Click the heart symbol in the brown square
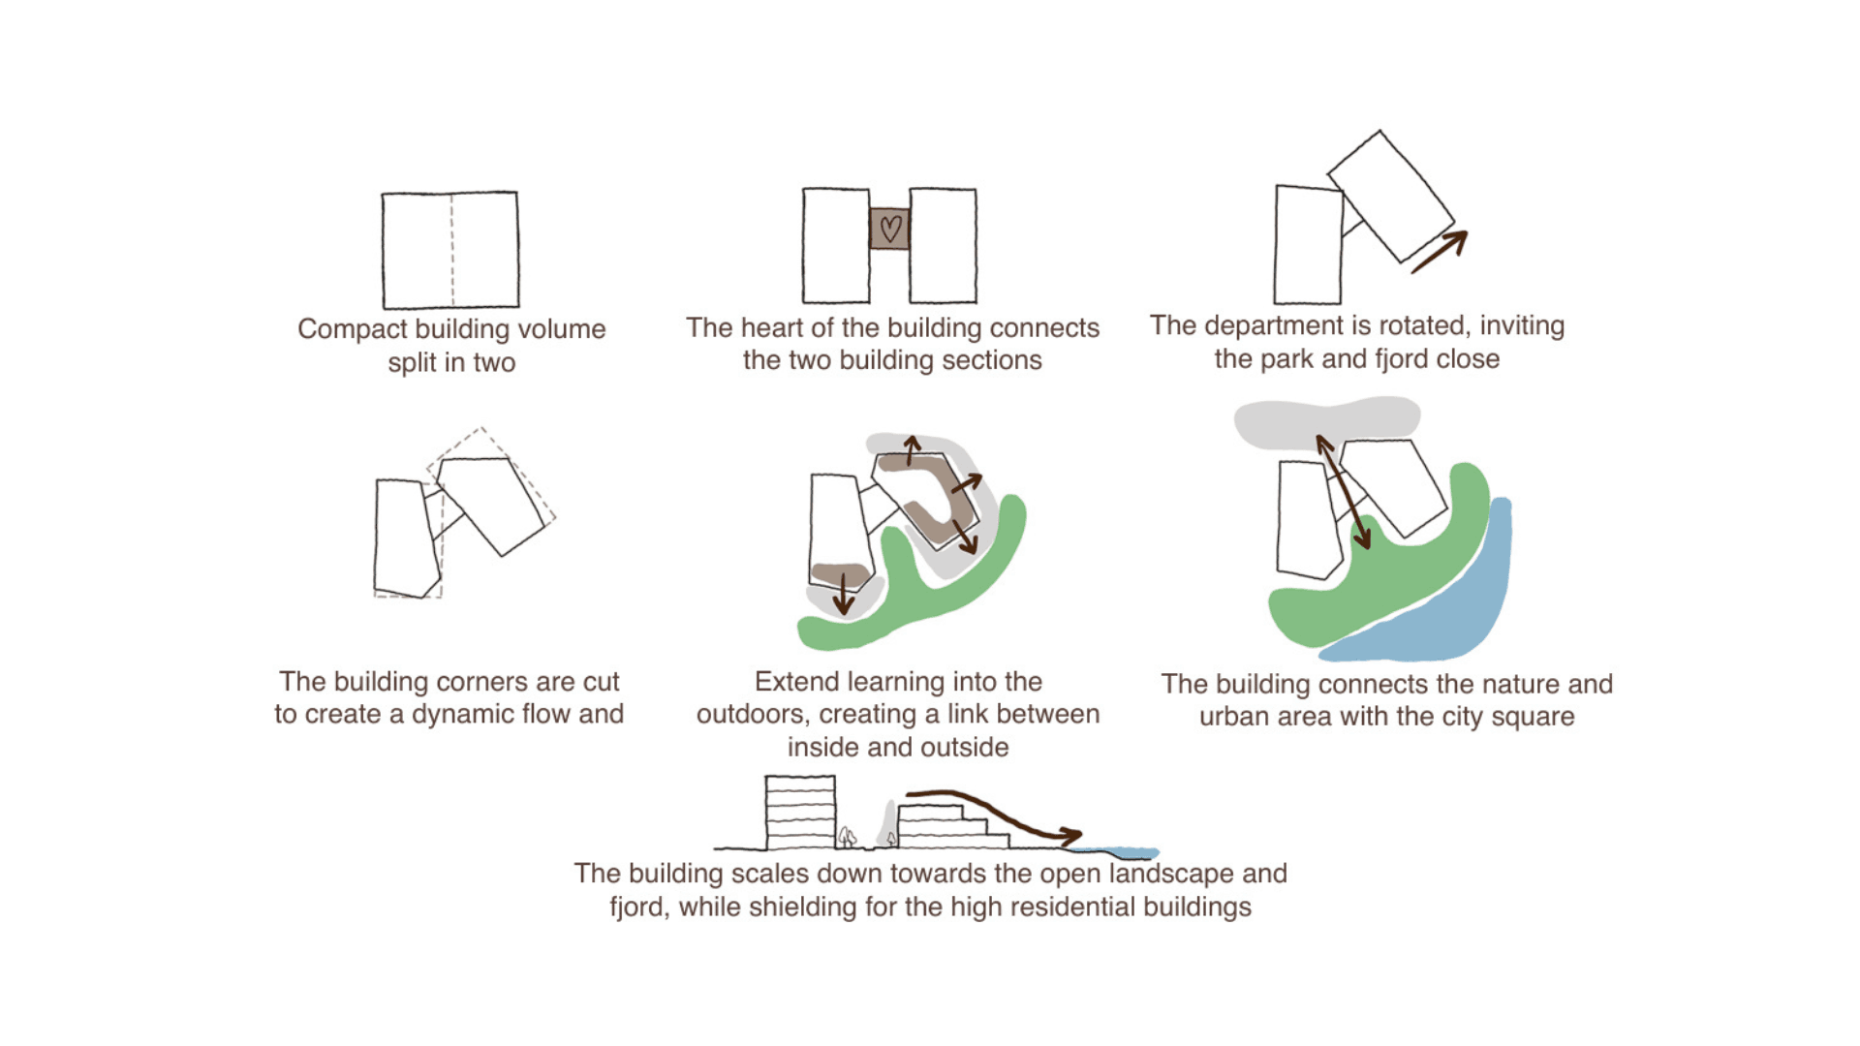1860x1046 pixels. tap(890, 229)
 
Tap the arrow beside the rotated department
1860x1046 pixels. tap(1440, 252)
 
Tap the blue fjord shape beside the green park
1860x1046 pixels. tap(1453, 610)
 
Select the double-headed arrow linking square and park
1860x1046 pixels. tap(1343, 492)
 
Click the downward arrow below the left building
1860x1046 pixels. tap(844, 594)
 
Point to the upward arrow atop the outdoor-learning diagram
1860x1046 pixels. tap(912, 450)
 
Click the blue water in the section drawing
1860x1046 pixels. tap(1124, 853)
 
